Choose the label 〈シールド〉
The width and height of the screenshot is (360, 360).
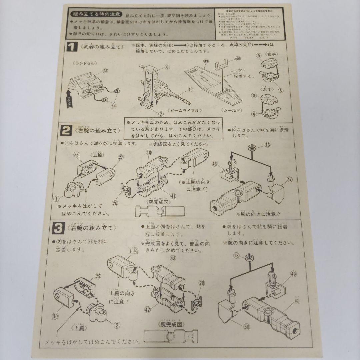(231, 110)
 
